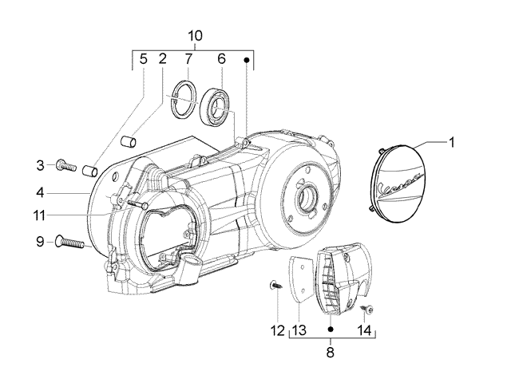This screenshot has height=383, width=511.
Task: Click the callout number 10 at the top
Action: point(196,36)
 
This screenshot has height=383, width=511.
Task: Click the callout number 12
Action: point(276,330)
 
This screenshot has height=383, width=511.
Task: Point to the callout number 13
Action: point(299,330)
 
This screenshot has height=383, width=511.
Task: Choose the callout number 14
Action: point(363,330)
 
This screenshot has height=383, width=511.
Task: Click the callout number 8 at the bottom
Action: point(331,349)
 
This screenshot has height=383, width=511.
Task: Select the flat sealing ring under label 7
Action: point(186,99)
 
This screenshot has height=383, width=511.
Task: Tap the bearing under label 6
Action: point(217,103)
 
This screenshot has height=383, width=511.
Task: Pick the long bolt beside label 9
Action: point(70,241)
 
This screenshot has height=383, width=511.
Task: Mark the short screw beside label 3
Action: point(65,166)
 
